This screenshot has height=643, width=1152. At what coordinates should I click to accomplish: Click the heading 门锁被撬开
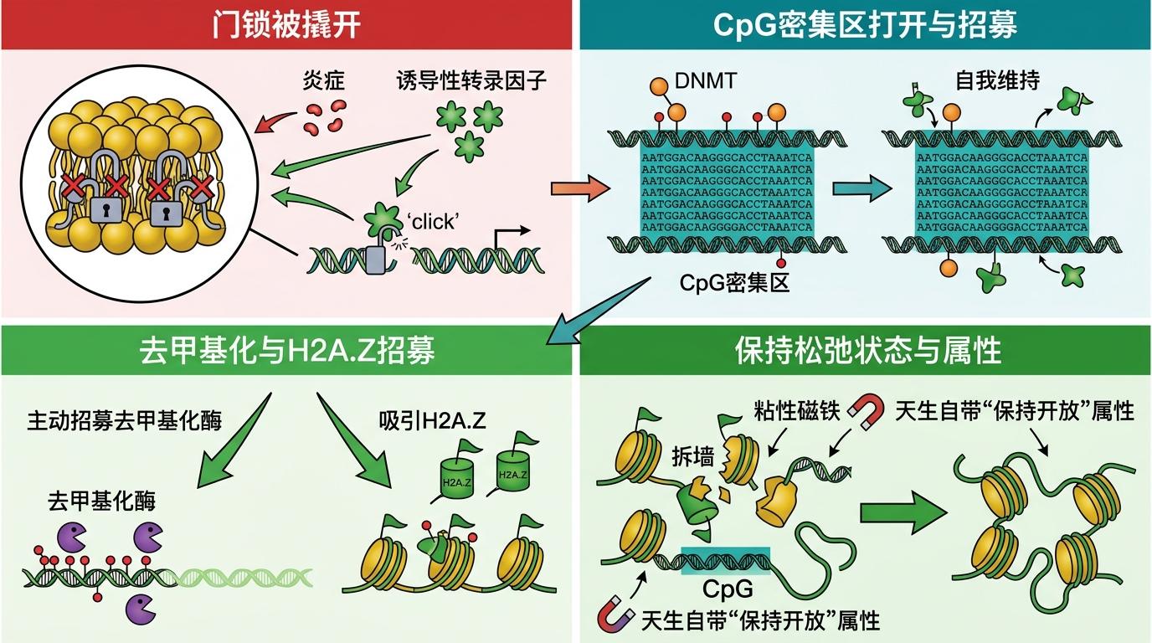(286, 24)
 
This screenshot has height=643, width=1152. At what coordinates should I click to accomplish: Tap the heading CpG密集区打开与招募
(865, 24)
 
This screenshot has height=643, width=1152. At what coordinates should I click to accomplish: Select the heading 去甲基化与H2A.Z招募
(286, 350)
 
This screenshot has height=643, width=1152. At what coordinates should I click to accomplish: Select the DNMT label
(705, 82)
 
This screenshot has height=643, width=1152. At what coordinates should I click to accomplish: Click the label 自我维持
(985, 81)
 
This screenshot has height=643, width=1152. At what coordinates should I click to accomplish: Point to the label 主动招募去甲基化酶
(125, 420)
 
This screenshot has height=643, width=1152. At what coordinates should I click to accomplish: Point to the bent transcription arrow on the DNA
(513, 235)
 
